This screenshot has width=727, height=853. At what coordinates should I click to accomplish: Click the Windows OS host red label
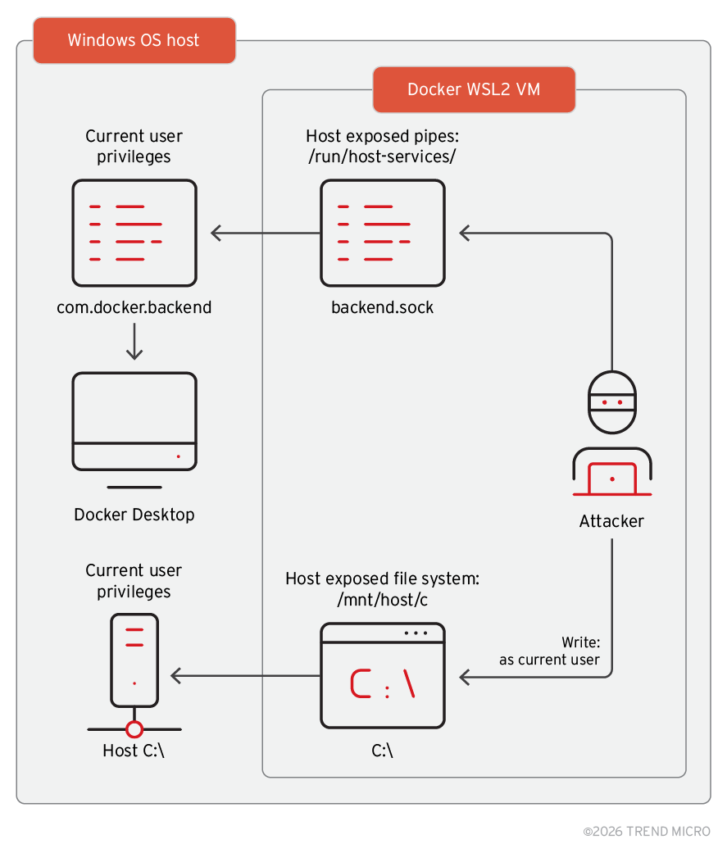134,40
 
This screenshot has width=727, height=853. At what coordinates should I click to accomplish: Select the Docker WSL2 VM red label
474,89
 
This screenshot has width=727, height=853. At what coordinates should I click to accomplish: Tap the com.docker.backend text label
134,308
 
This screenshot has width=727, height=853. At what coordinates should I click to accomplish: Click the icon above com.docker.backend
134,233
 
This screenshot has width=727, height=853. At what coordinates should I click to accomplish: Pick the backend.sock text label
382,308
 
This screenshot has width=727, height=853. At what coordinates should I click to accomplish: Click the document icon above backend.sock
382,233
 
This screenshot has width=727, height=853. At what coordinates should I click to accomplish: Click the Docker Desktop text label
134,515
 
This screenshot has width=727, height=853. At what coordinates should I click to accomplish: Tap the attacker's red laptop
612,479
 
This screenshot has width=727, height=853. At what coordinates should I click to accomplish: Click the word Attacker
611,521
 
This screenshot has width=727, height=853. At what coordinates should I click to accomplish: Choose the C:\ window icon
382,675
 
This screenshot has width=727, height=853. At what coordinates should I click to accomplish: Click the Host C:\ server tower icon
134,662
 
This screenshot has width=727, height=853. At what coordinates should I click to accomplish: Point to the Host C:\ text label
134,750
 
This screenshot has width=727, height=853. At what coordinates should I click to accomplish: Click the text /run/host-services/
382,157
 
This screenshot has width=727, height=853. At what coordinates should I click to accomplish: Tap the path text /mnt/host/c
382,600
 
